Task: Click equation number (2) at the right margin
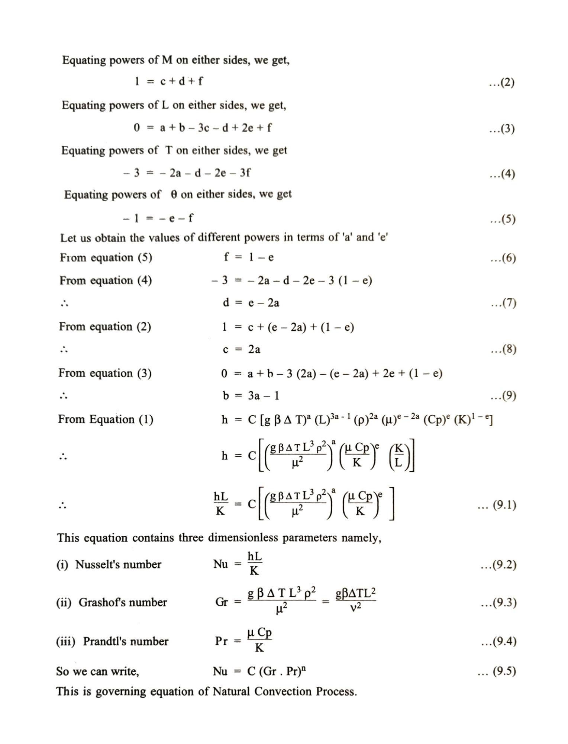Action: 502,83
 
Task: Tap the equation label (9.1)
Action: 497,505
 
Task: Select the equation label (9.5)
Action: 497,671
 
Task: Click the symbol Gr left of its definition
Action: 221,602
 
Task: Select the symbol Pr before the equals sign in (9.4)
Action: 221,641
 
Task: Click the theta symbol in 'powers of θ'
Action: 174,195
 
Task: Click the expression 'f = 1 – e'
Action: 249,257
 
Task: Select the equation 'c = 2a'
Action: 242,349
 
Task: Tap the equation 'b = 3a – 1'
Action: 251,395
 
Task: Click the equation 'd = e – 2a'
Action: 251,303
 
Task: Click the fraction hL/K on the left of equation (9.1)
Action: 221,504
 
